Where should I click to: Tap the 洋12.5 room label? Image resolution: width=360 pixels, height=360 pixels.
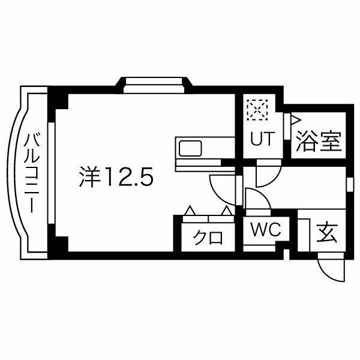118,176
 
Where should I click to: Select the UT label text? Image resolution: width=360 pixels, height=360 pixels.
262,139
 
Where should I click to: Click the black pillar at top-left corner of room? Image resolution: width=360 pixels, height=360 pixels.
58,97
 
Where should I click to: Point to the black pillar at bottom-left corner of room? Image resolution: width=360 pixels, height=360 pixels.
58,246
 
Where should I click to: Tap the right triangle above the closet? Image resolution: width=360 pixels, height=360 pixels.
227,211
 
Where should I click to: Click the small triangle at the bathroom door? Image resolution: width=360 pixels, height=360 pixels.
295,119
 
